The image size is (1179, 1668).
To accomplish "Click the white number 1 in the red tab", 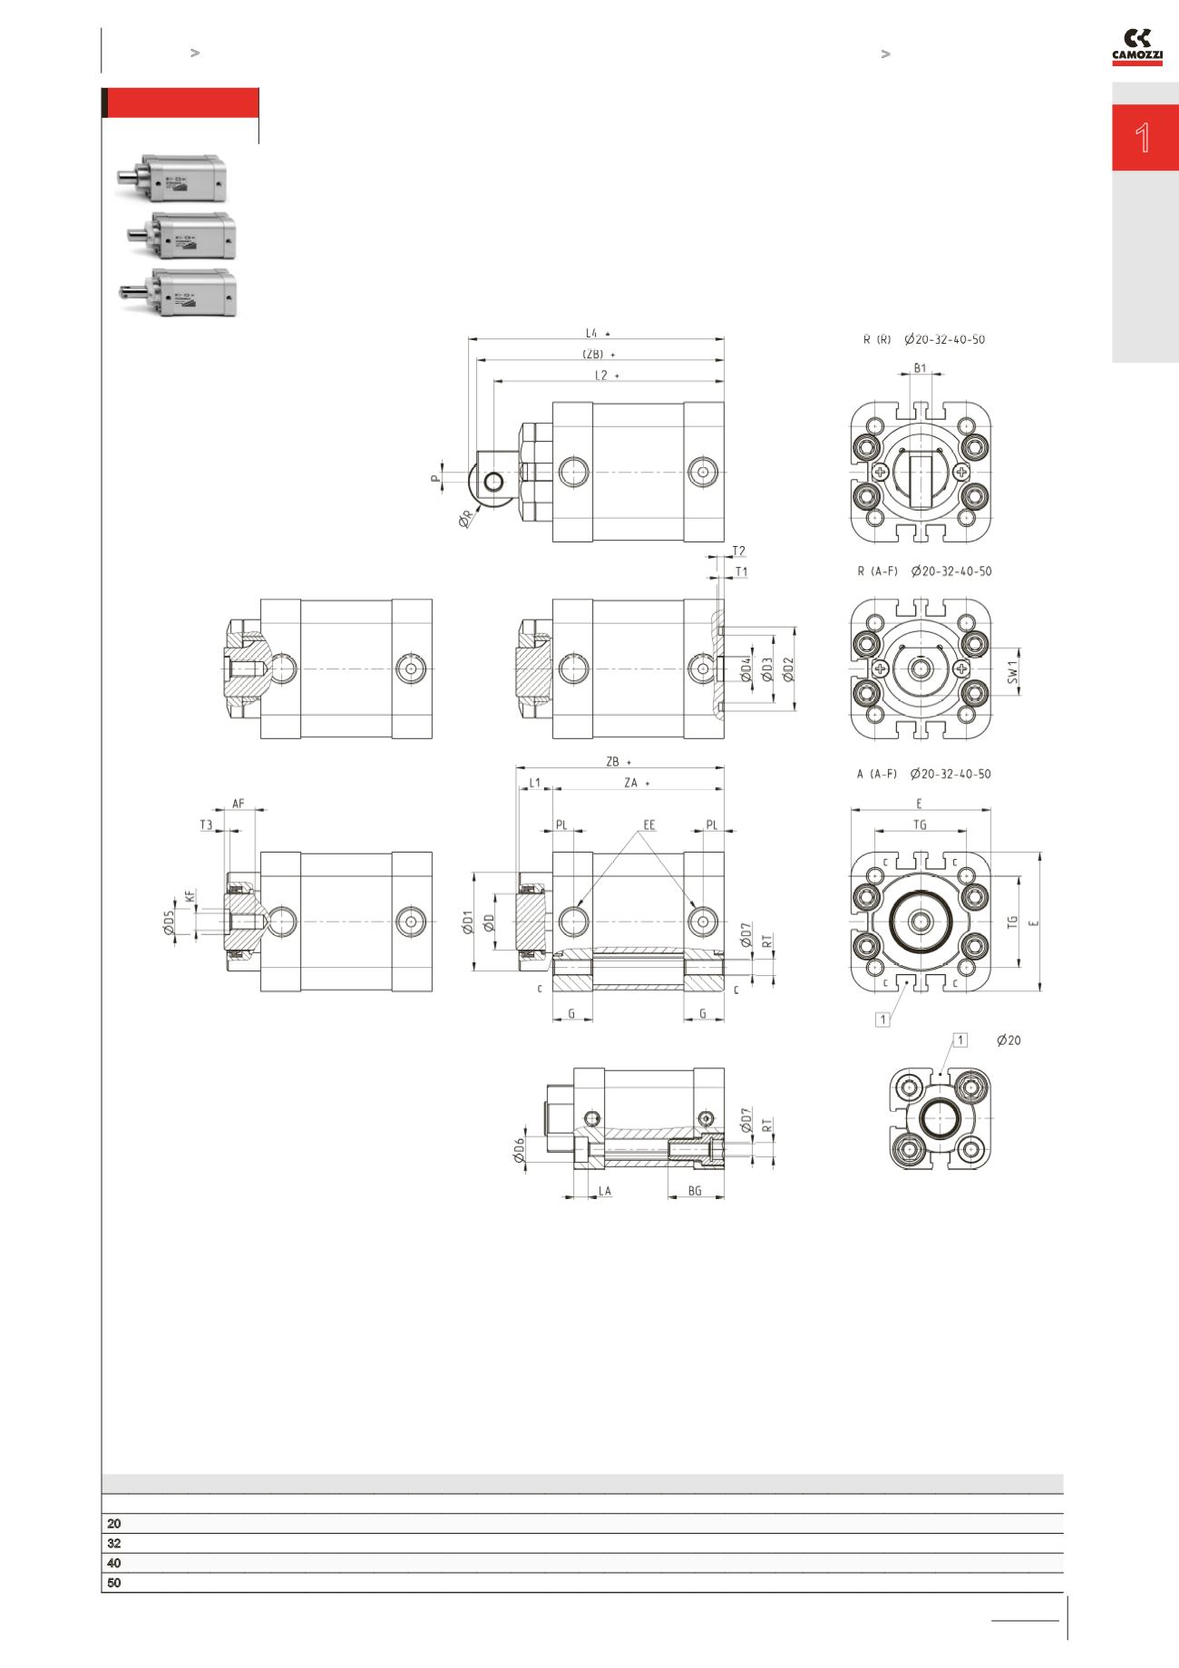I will [x=1144, y=139].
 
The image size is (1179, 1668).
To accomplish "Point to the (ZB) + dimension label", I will [x=598, y=354].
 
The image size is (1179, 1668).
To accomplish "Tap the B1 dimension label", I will [x=920, y=367].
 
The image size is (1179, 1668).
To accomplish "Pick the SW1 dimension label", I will [x=1014, y=671].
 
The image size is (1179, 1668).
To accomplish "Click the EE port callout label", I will [x=648, y=825].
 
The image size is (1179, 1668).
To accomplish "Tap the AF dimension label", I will [x=239, y=804].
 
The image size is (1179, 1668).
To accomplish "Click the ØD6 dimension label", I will [x=519, y=1151].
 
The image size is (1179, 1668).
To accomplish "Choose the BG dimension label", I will [x=695, y=1190].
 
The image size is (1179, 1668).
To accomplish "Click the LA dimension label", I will [x=604, y=1190].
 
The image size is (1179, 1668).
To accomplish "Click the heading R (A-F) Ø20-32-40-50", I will [x=924, y=571].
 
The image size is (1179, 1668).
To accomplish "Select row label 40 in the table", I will [x=114, y=1563].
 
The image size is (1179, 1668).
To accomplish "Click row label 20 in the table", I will [x=114, y=1523].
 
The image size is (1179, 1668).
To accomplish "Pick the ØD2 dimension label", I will [x=788, y=670].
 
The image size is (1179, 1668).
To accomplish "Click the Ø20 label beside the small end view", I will [x=1008, y=1040].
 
